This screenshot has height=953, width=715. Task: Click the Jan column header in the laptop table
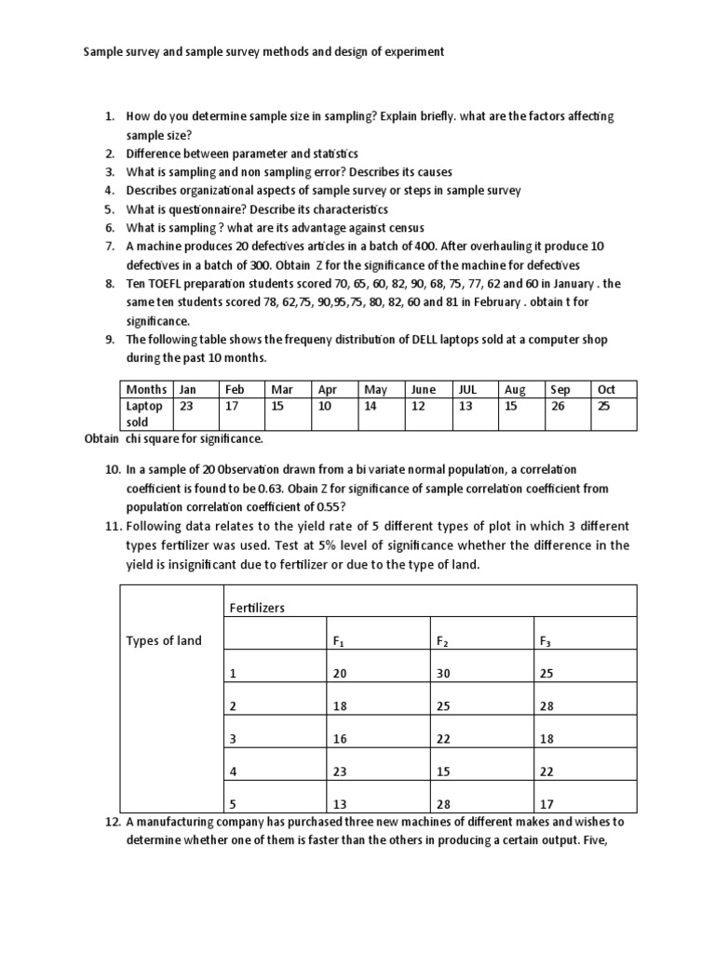pyautogui.click(x=187, y=390)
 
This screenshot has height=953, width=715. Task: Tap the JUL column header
pyautogui.click(x=466, y=390)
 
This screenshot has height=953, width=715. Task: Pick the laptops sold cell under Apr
pyautogui.click(x=324, y=406)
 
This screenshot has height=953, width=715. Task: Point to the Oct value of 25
pyautogui.click(x=603, y=406)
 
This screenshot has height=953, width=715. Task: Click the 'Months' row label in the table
pyautogui.click(x=147, y=390)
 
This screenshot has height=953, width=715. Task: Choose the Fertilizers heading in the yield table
pyautogui.click(x=256, y=608)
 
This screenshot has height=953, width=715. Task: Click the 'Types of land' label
pyautogui.click(x=163, y=641)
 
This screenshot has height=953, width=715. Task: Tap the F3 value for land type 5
pyautogui.click(x=546, y=803)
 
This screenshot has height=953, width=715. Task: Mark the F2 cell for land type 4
pyautogui.click(x=442, y=771)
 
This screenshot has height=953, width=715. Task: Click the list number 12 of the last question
pyautogui.click(x=110, y=822)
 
